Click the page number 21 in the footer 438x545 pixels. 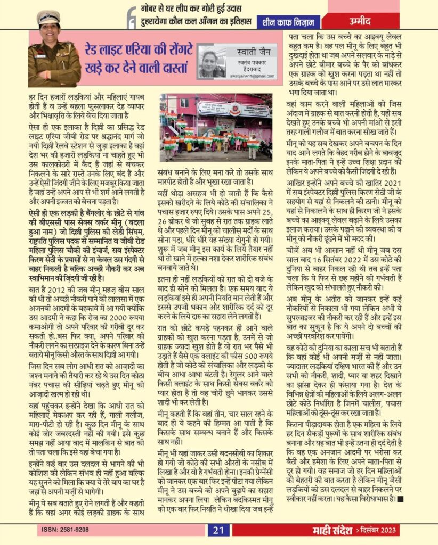(x=218, y=530)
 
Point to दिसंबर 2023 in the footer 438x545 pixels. (x=376, y=531)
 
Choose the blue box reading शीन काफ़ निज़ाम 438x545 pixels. (x=289, y=22)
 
